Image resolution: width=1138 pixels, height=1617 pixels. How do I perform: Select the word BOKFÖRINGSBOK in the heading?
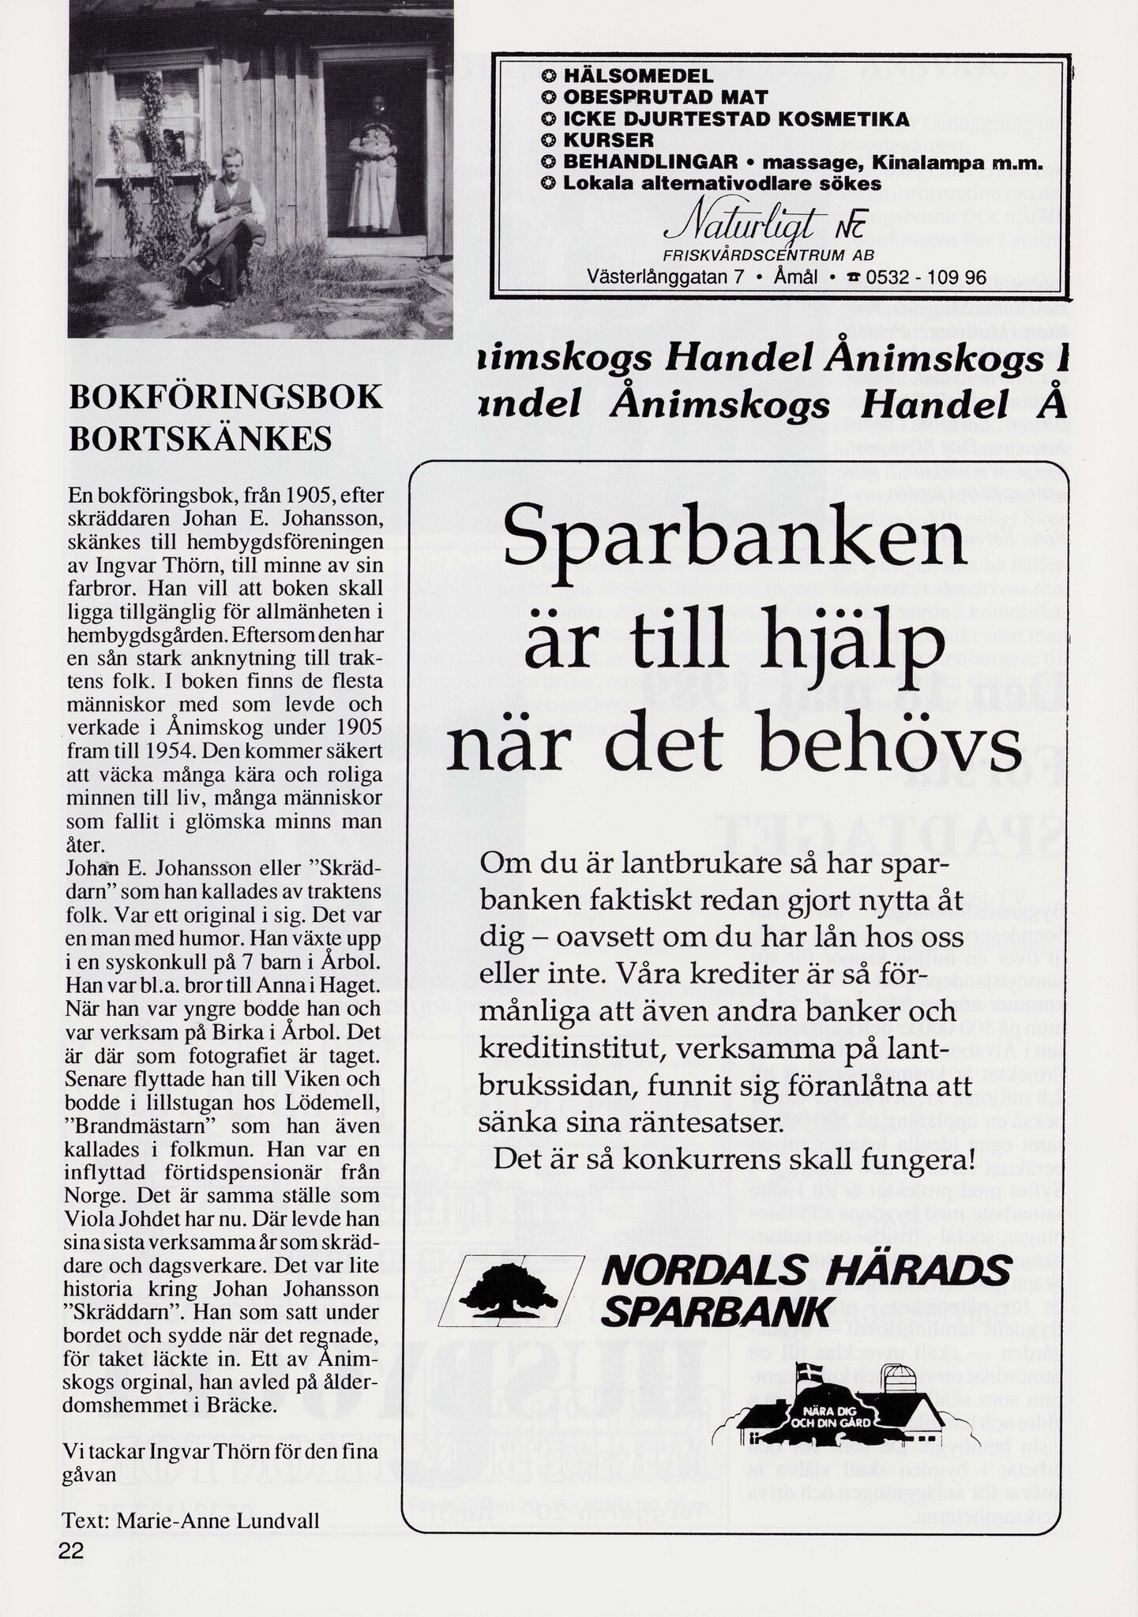click(226, 397)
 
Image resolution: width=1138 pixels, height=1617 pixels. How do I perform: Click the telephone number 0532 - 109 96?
click(926, 278)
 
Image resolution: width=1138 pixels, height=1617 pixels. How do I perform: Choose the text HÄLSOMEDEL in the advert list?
click(638, 77)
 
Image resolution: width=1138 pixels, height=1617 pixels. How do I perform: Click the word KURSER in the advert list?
click(609, 140)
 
